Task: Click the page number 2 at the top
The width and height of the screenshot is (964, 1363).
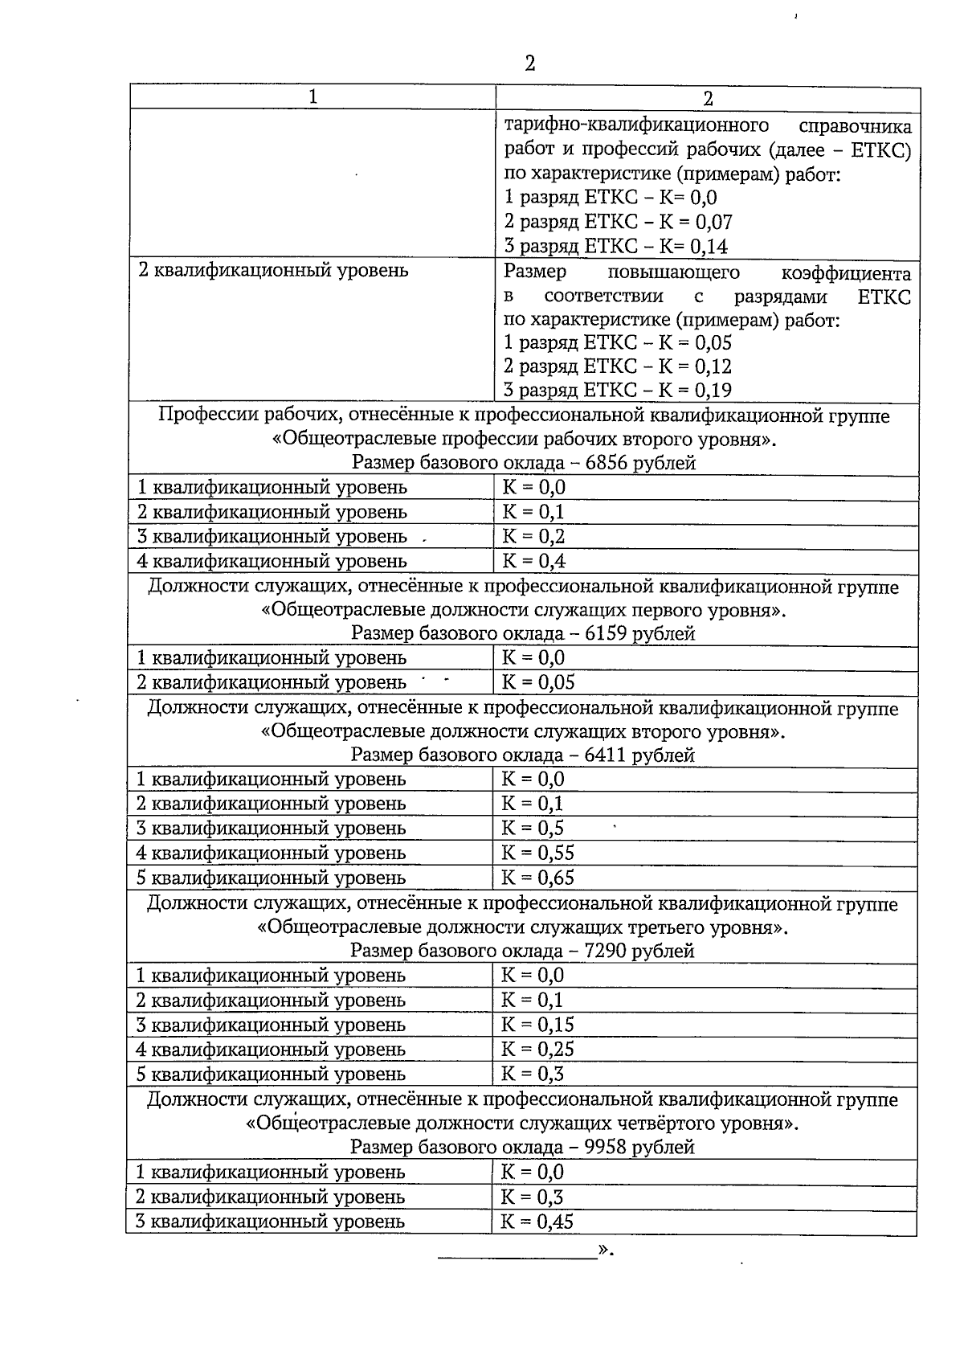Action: (529, 63)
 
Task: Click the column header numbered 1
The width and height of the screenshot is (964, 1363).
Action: (312, 96)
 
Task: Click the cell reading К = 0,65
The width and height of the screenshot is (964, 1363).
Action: (537, 878)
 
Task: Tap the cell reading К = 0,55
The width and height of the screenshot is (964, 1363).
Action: (537, 853)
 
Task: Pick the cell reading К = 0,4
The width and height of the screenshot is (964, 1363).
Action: (533, 561)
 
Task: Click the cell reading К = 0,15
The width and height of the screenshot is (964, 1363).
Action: (537, 1025)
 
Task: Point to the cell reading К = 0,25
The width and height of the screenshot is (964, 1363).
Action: (537, 1050)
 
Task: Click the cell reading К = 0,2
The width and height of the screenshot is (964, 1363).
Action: (533, 536)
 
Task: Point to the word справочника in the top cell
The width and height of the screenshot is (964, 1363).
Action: (856, 126)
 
